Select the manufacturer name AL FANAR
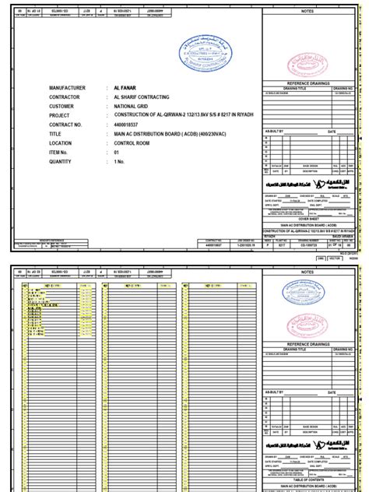[x=125, y=88]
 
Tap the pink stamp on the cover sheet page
[x=308, y=61]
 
